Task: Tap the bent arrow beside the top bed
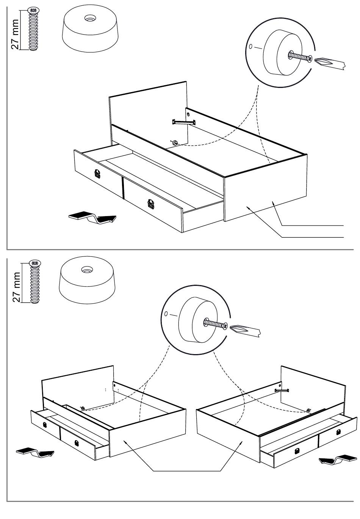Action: [x=92, y=218]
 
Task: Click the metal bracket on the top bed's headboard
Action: [x=184, y=121]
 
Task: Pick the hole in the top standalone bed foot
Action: [x=90, y=18]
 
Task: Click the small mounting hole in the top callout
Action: [x=250, y=47]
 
